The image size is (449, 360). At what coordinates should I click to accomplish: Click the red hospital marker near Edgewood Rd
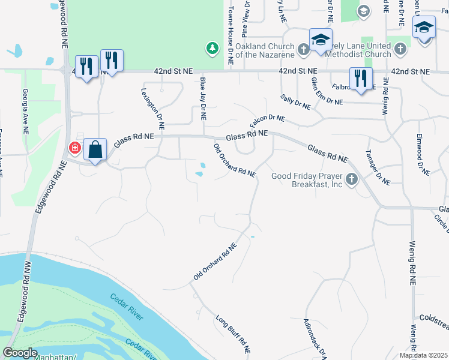74,147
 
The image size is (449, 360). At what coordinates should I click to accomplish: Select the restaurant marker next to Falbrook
361,79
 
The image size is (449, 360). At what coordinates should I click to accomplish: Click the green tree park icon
211,47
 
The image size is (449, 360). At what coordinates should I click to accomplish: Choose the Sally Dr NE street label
295,101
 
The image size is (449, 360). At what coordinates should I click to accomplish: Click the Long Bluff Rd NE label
232,332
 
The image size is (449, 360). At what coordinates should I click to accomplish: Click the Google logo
20,353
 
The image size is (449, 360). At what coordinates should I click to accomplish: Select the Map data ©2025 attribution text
423,355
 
